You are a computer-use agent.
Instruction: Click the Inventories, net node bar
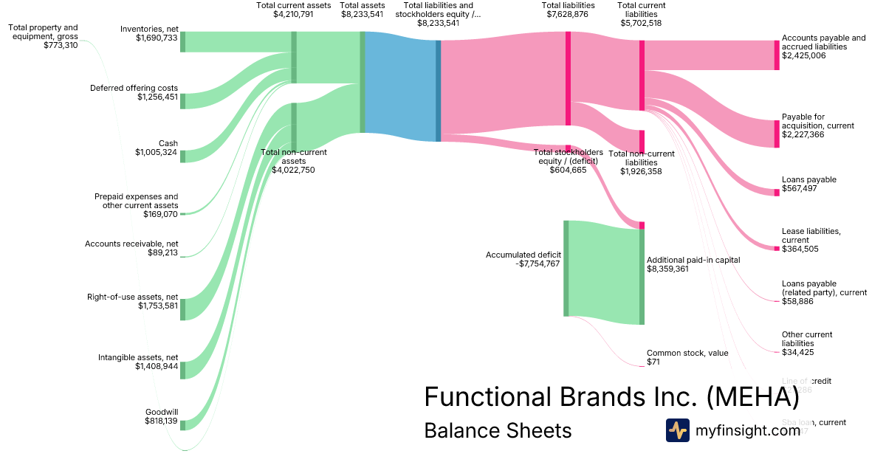pos(183,42)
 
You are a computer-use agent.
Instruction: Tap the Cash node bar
pos(183,156)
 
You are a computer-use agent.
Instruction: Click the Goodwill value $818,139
pos(161,421)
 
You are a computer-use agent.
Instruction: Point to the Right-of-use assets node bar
pos(183,309)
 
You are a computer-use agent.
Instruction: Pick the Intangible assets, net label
pos(138,357)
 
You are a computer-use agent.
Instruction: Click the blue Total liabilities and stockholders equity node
pos(438,91)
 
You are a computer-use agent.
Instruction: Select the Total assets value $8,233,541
pos(362,14)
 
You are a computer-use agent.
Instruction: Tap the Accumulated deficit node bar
pos(566,268)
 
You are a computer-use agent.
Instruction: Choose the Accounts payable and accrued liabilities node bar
pos(776,55)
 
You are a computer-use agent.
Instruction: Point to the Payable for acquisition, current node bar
pos(776,134)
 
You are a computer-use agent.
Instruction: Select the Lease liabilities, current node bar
pos(776,249)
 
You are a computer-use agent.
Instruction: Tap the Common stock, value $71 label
pos(687,357)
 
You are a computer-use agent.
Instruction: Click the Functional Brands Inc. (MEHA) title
pos(611,397)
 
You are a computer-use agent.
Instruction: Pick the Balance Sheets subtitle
pos(498,430)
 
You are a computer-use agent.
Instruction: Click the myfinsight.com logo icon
pos(677,430)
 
